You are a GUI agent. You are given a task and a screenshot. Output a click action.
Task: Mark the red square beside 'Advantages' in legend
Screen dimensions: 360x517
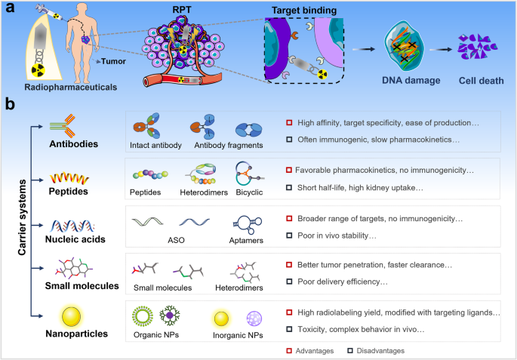point(288,351)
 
